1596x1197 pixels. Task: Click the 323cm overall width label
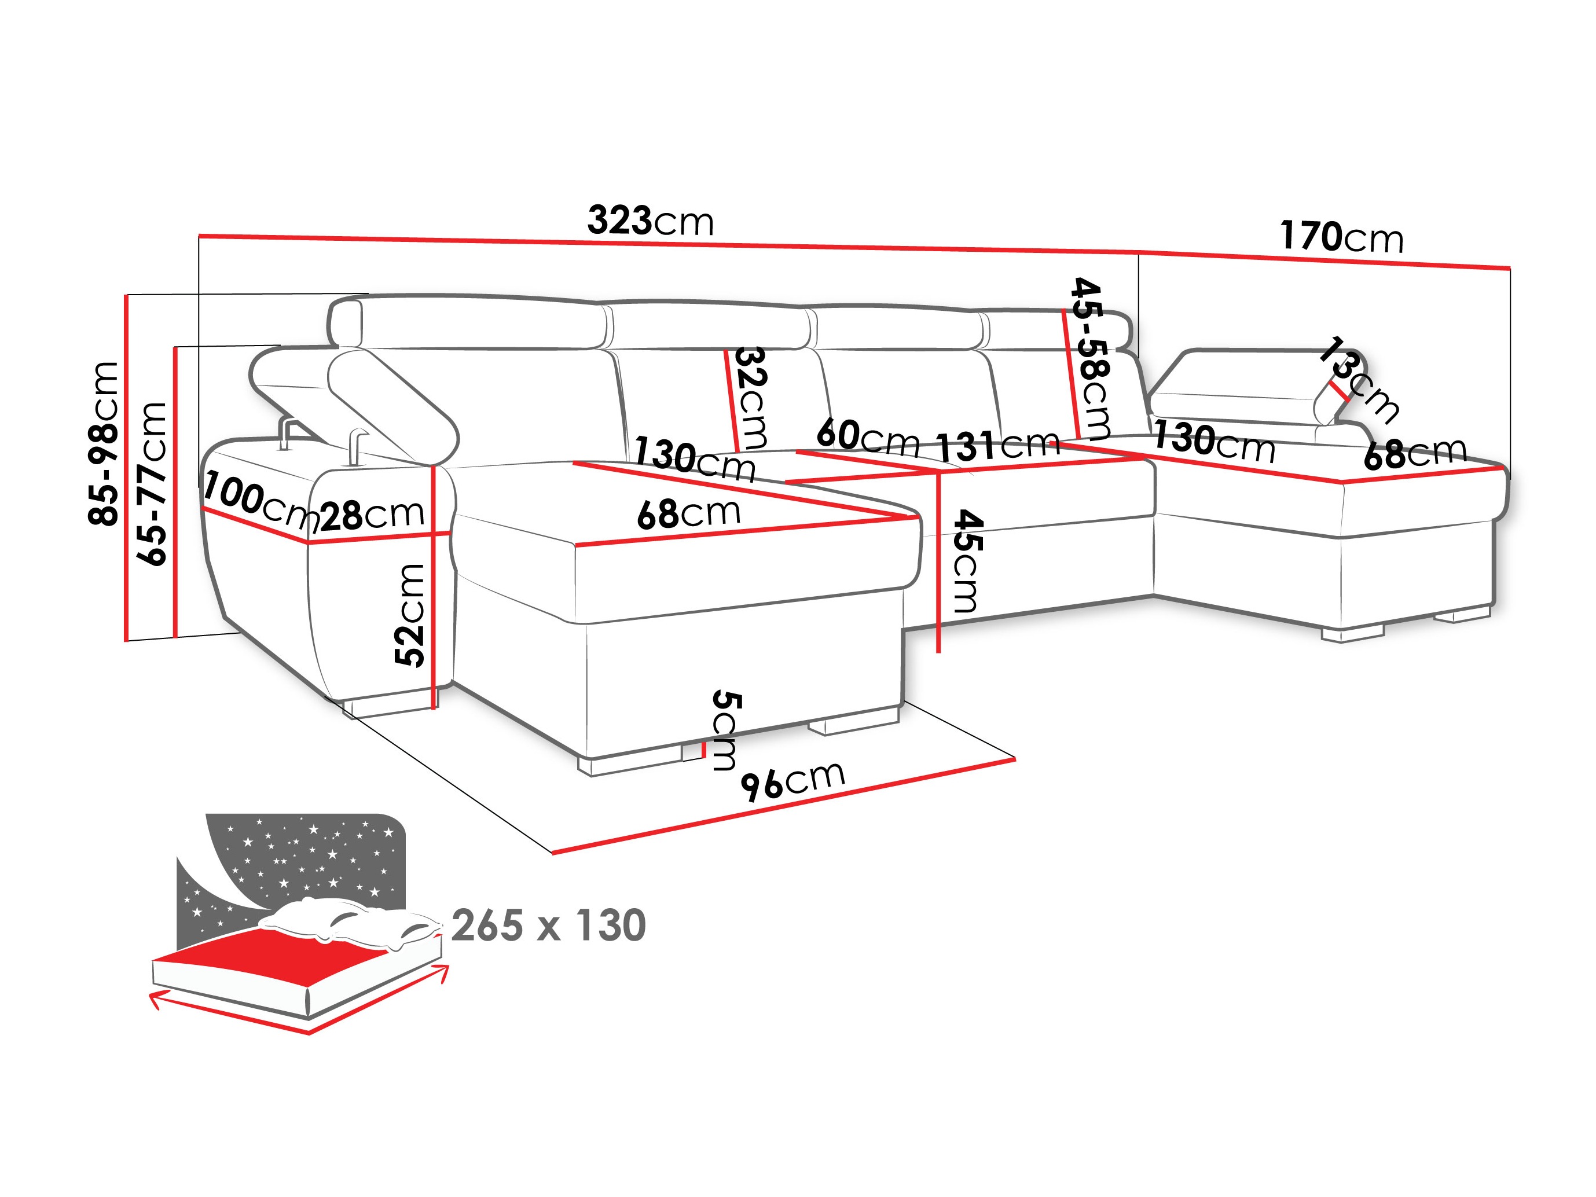[x=650, y=220]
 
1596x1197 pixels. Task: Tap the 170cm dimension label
[x=1341, y=237]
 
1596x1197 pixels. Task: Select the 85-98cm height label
[x=103, y=443]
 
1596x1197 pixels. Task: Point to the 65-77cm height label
[x=152, y=483]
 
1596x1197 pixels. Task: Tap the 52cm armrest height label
[x=410, y=615]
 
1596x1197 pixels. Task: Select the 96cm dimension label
[x=793, y=781]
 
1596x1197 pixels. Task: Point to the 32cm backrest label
[x=750, y=397]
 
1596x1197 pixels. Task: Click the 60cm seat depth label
[x=867, y=436]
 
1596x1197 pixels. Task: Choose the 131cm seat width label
[x=997, y=446]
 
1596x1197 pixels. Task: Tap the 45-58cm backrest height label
[x=1091, y=359]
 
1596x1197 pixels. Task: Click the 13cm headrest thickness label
[x=1359, y=378]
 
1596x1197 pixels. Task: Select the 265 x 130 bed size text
[x=548, y=925]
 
